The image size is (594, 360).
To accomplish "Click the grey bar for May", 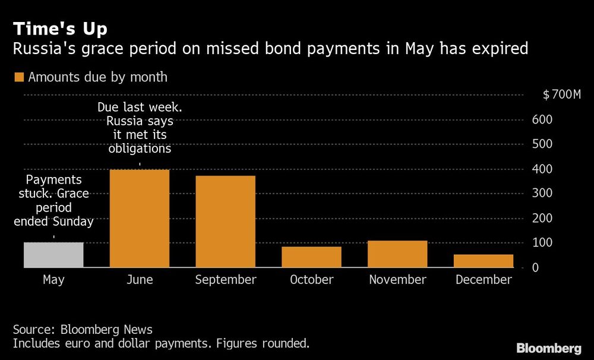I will (x=53, y=255).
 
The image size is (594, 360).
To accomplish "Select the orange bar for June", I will (x=140, y=219).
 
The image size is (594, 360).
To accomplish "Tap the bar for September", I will (x=226, y=222).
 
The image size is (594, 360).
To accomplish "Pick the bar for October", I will (x=311, y=257).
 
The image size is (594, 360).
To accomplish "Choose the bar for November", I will (x=397, y=254).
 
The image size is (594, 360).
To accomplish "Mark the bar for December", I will (x=484, y=261).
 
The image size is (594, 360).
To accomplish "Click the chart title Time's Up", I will (x=60, y=28).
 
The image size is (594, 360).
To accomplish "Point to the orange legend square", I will (x=18, y=77).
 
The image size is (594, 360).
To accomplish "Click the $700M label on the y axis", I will (x=561, y=95).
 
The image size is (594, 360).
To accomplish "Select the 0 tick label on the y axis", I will (x=535, y=268).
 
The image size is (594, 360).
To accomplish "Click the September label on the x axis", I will (x=226, y=280).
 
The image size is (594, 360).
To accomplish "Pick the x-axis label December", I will (x=484, y=280).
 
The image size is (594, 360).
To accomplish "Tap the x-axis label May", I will (x=53, y=280).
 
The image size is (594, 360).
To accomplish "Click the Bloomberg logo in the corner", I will (x=549, y=348).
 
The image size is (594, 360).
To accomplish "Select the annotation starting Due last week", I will (x=140, y=128).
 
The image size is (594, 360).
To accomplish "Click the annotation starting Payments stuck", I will (x=53, y=201).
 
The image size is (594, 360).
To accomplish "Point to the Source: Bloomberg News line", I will (x=83, y=330).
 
